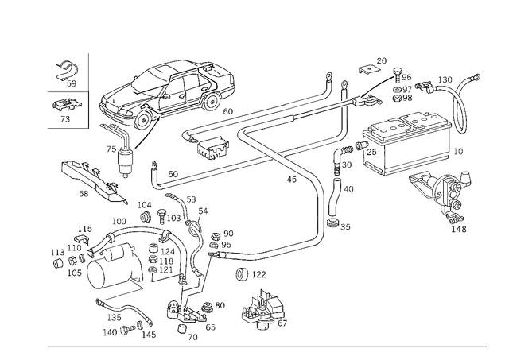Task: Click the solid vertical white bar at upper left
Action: [91, 71]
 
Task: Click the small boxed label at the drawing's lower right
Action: [459, 229]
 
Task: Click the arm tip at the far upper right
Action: [475, 77]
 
